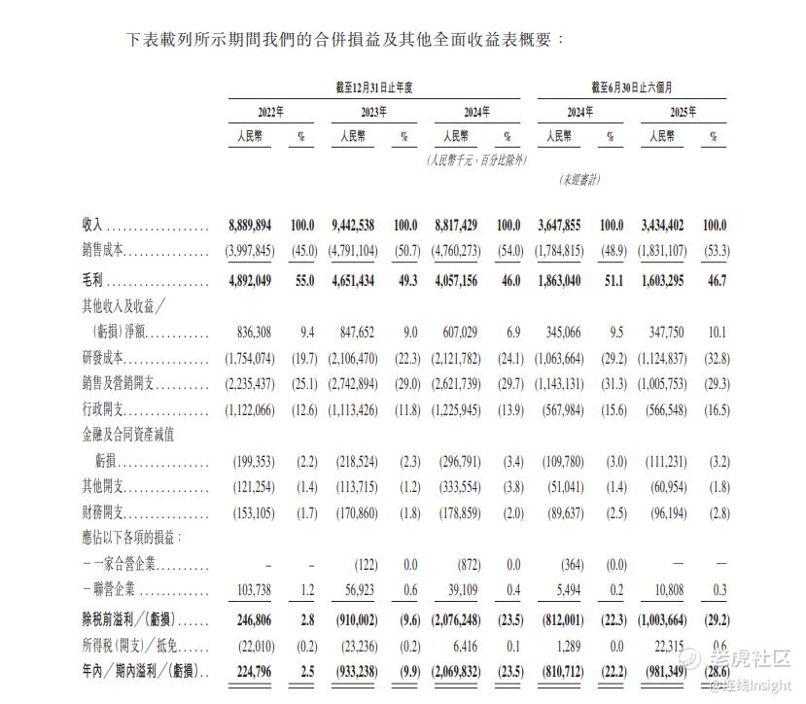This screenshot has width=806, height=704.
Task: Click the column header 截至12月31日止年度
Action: click(x=374, y=88)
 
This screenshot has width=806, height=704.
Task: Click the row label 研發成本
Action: click(x=104, y=359)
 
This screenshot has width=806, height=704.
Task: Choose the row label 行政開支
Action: click(x=104, y=410)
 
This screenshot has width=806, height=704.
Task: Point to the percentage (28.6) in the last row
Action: click(x=715, y=671)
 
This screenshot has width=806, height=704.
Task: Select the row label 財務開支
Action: click(x=104, y=511)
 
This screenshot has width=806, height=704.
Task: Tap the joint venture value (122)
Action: click(x=365, y=565)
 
